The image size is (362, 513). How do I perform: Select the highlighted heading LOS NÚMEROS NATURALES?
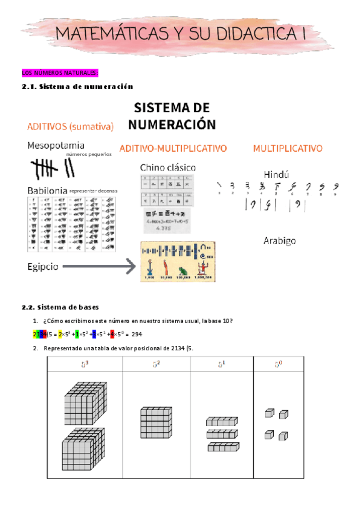(59, 73)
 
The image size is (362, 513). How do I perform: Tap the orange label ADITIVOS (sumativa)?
(70, 127)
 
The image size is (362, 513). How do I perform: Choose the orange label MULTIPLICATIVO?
(287, 148)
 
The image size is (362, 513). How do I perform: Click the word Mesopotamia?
(55, 146)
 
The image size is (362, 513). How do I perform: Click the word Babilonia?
(47, 190)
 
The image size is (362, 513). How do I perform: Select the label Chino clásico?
(167, 167)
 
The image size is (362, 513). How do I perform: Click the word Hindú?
(279, 171)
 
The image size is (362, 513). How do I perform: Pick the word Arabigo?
(279, 241)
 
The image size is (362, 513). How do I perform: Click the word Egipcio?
(42, 266)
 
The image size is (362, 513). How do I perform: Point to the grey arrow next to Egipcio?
(97, 266)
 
